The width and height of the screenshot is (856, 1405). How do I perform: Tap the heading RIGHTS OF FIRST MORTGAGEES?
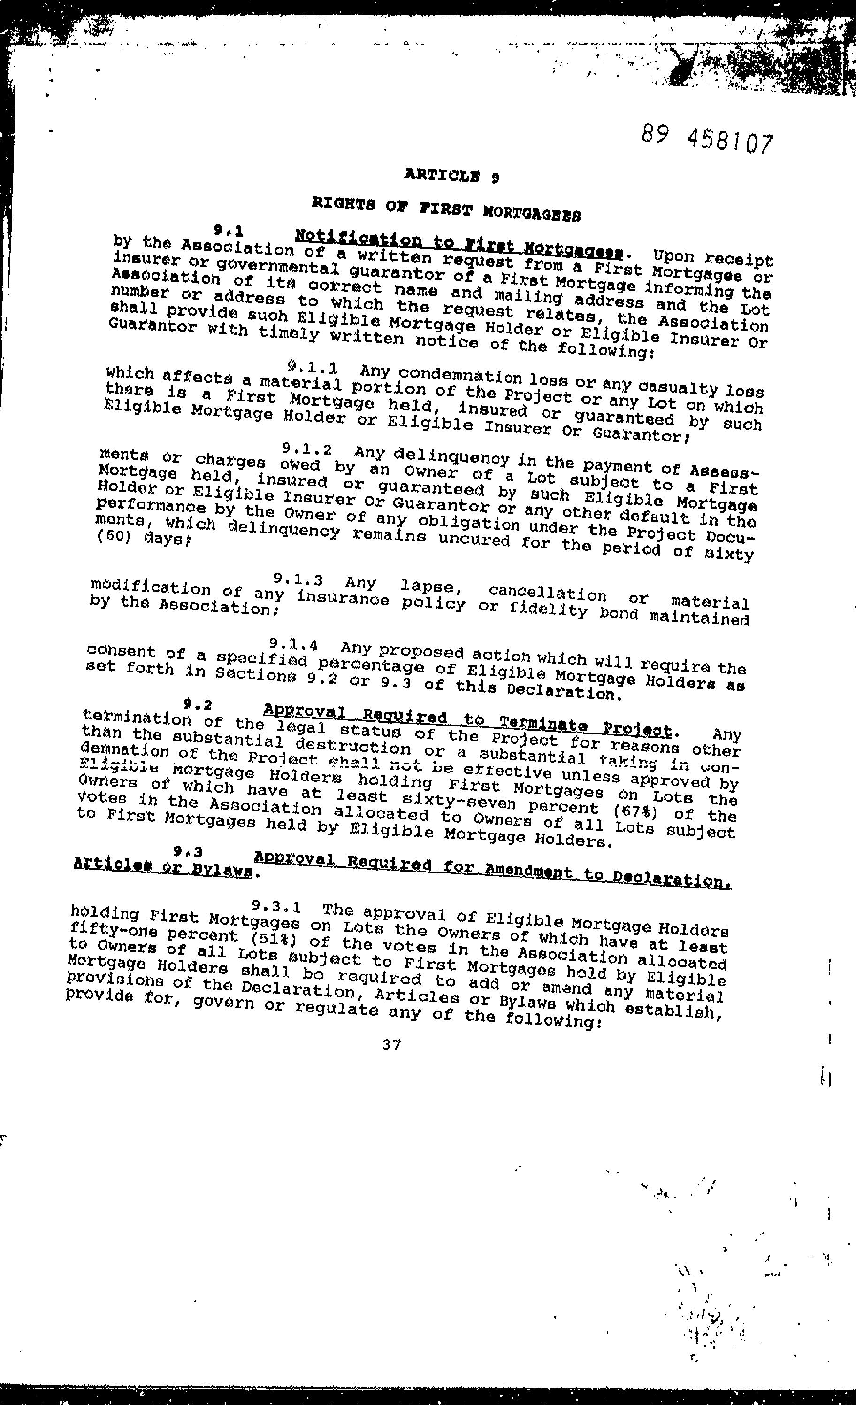click(x=446, y=208)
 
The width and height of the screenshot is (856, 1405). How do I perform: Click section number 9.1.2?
click(x=306, y=448)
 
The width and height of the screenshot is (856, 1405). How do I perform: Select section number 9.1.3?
click(x=298, y=579)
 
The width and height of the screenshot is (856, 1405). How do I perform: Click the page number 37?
click(x=391, y=1045)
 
